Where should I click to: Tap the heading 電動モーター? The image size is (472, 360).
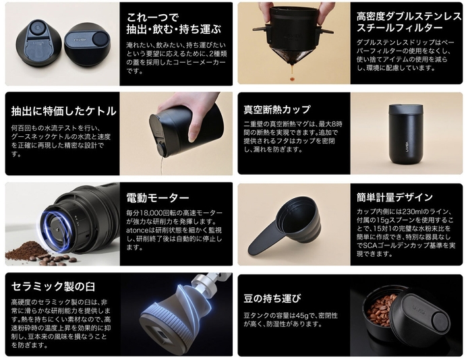pos(158,198)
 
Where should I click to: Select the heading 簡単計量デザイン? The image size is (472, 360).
pos(395,198)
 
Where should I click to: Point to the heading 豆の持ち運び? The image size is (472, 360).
pos(272,298)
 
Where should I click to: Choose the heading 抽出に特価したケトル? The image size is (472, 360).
pos(63,111)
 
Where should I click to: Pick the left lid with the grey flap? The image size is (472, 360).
pos(43,42)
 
